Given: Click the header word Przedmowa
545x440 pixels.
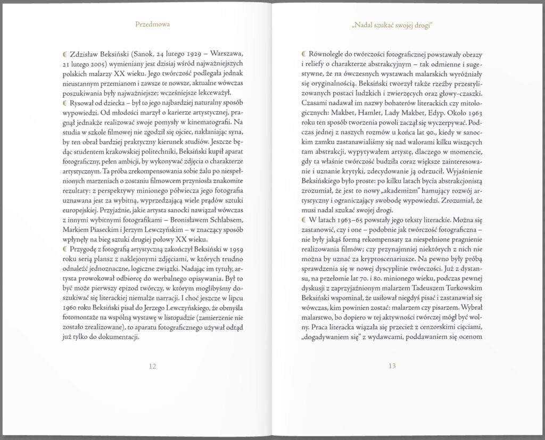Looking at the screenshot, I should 152,24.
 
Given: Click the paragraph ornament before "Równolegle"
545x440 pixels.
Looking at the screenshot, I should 303,54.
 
